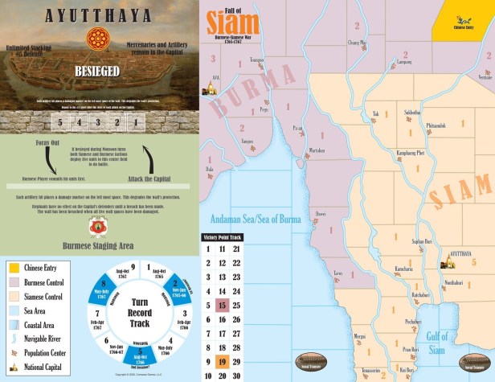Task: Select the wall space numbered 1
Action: [x=137, y=124]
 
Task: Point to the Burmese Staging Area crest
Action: [x=99, y=228]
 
